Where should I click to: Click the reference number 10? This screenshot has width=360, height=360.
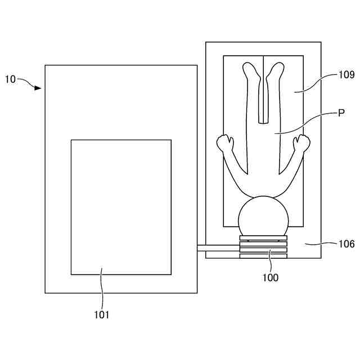point(11,79)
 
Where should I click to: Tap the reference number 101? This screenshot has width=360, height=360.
point(102,314)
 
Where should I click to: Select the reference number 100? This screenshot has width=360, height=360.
point(269,277)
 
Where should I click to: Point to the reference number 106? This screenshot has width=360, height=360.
point(346,244)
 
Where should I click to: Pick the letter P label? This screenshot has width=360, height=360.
point(341,113)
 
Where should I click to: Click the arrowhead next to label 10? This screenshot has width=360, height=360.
point(38,88)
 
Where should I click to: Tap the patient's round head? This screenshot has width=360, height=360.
point(263,215)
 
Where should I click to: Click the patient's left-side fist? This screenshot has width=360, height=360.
point(226,142)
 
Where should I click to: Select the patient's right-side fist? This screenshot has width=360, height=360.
point(301,142)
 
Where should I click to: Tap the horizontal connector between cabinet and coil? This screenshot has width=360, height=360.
point(218,248)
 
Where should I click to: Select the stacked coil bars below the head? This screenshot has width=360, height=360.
point(263,247)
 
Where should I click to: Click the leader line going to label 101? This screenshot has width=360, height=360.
point(102,289)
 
